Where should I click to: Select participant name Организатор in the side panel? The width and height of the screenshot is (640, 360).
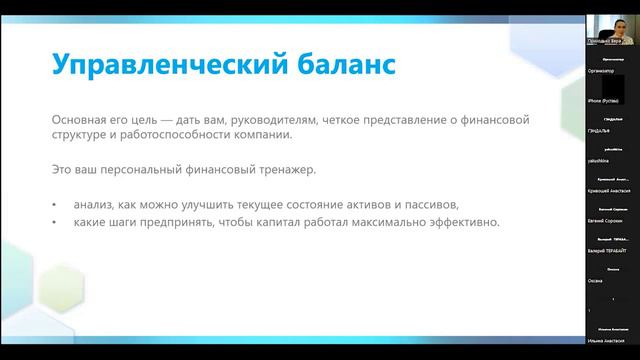pos(602,72)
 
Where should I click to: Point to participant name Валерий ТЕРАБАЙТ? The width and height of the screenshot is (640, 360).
pos(609,250)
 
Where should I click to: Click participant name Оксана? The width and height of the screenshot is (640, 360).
pos(597,279)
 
